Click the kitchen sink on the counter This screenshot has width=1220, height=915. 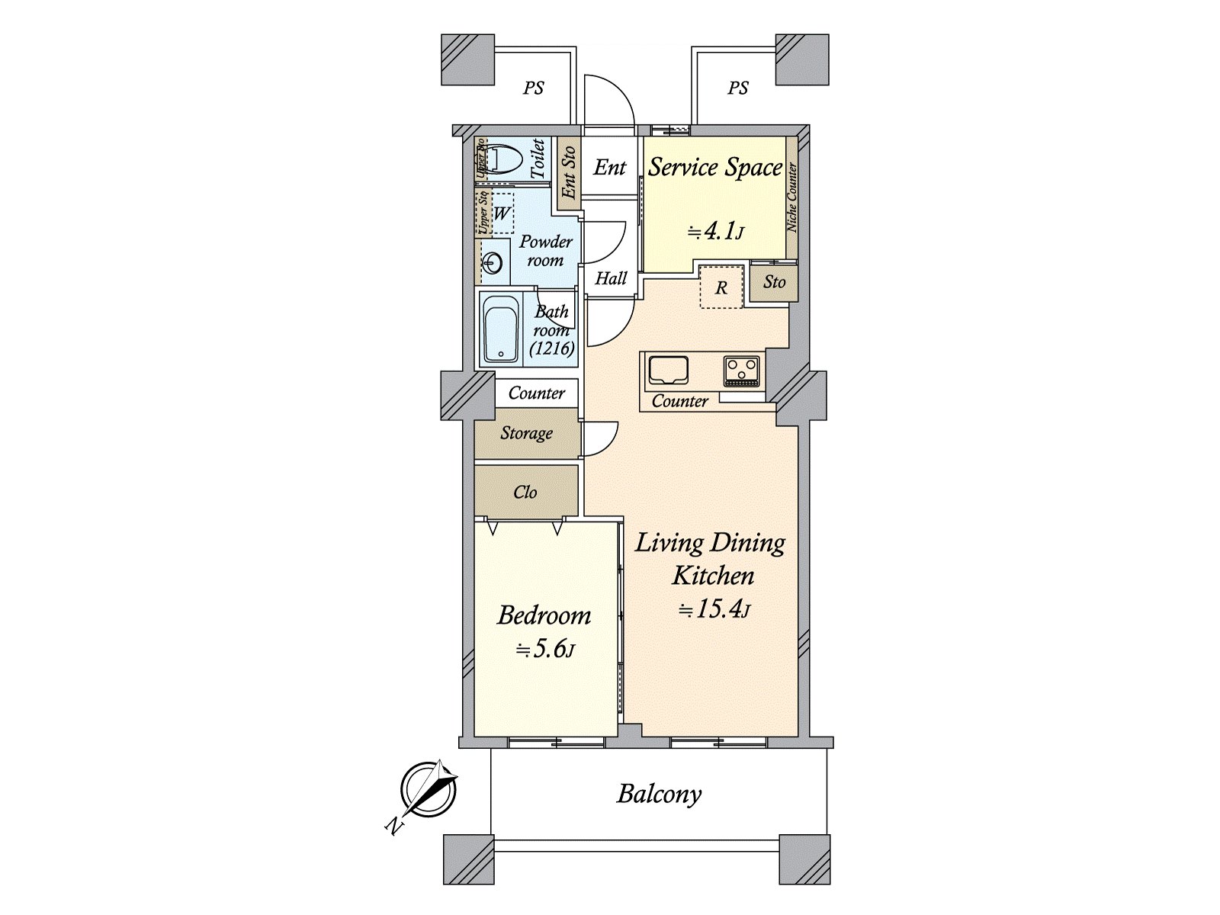tap(669, 371)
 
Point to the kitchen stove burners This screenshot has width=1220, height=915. tap(740, 371)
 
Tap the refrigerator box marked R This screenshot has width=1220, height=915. tap(721, 287)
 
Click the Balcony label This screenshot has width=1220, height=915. tap(659, 794)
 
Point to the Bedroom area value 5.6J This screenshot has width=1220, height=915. tap(544, 650)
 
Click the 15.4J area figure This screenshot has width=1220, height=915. tap(715, 610)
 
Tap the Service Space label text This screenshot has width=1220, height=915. tap(714, 167)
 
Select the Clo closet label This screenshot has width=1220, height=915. tap(525, 492)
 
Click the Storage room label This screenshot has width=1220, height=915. tap(526, 433)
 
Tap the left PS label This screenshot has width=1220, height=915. tap(534, 88)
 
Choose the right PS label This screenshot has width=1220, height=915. tap(737, 88)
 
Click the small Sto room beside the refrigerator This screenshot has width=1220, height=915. tap(774, 282)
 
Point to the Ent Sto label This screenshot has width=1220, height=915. tap(568, 173)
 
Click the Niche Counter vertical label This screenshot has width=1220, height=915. tap(791, 197)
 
